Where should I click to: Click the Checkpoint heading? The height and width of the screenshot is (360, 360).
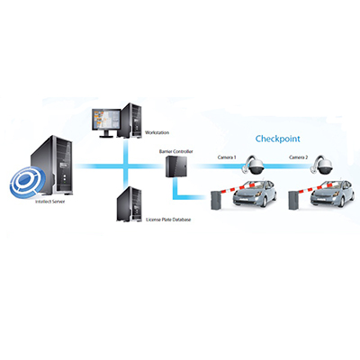click(280, 139)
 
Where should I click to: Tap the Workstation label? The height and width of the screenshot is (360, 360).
click(157, 132)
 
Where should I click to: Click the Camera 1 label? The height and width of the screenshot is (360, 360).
click(228, 157)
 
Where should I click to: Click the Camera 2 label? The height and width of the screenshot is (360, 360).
click(299, 157)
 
